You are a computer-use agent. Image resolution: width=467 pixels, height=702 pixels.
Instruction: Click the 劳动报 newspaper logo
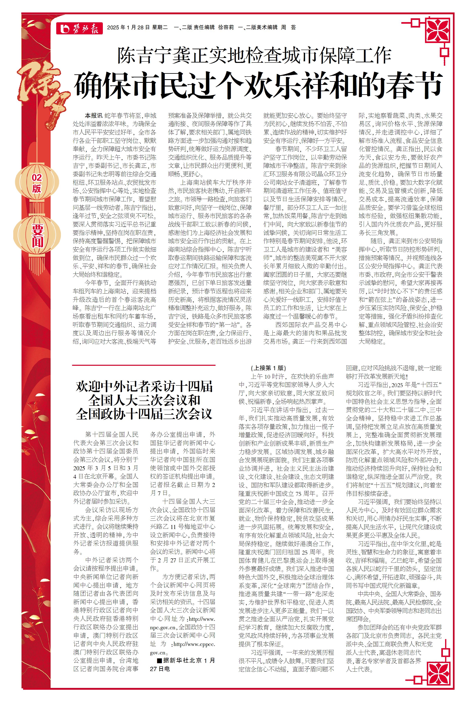(x=79, y=28)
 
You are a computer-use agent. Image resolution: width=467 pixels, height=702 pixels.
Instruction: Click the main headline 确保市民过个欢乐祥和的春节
(x=258, y=86)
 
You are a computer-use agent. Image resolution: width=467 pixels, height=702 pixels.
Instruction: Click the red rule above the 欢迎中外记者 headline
(x=144, y=365)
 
